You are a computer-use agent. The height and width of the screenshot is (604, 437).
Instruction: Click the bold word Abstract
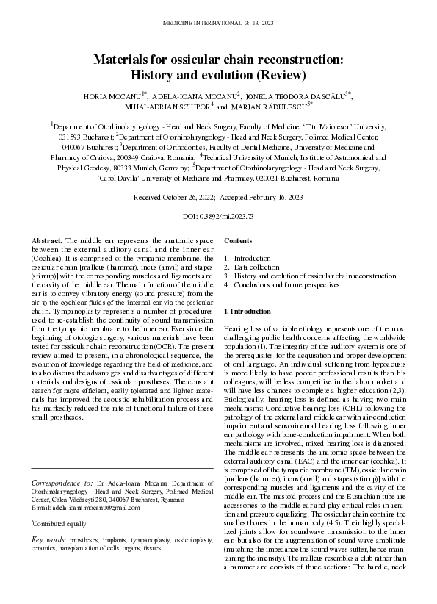pos(47,241)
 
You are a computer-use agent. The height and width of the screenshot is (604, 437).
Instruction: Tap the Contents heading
pos(237,241)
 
